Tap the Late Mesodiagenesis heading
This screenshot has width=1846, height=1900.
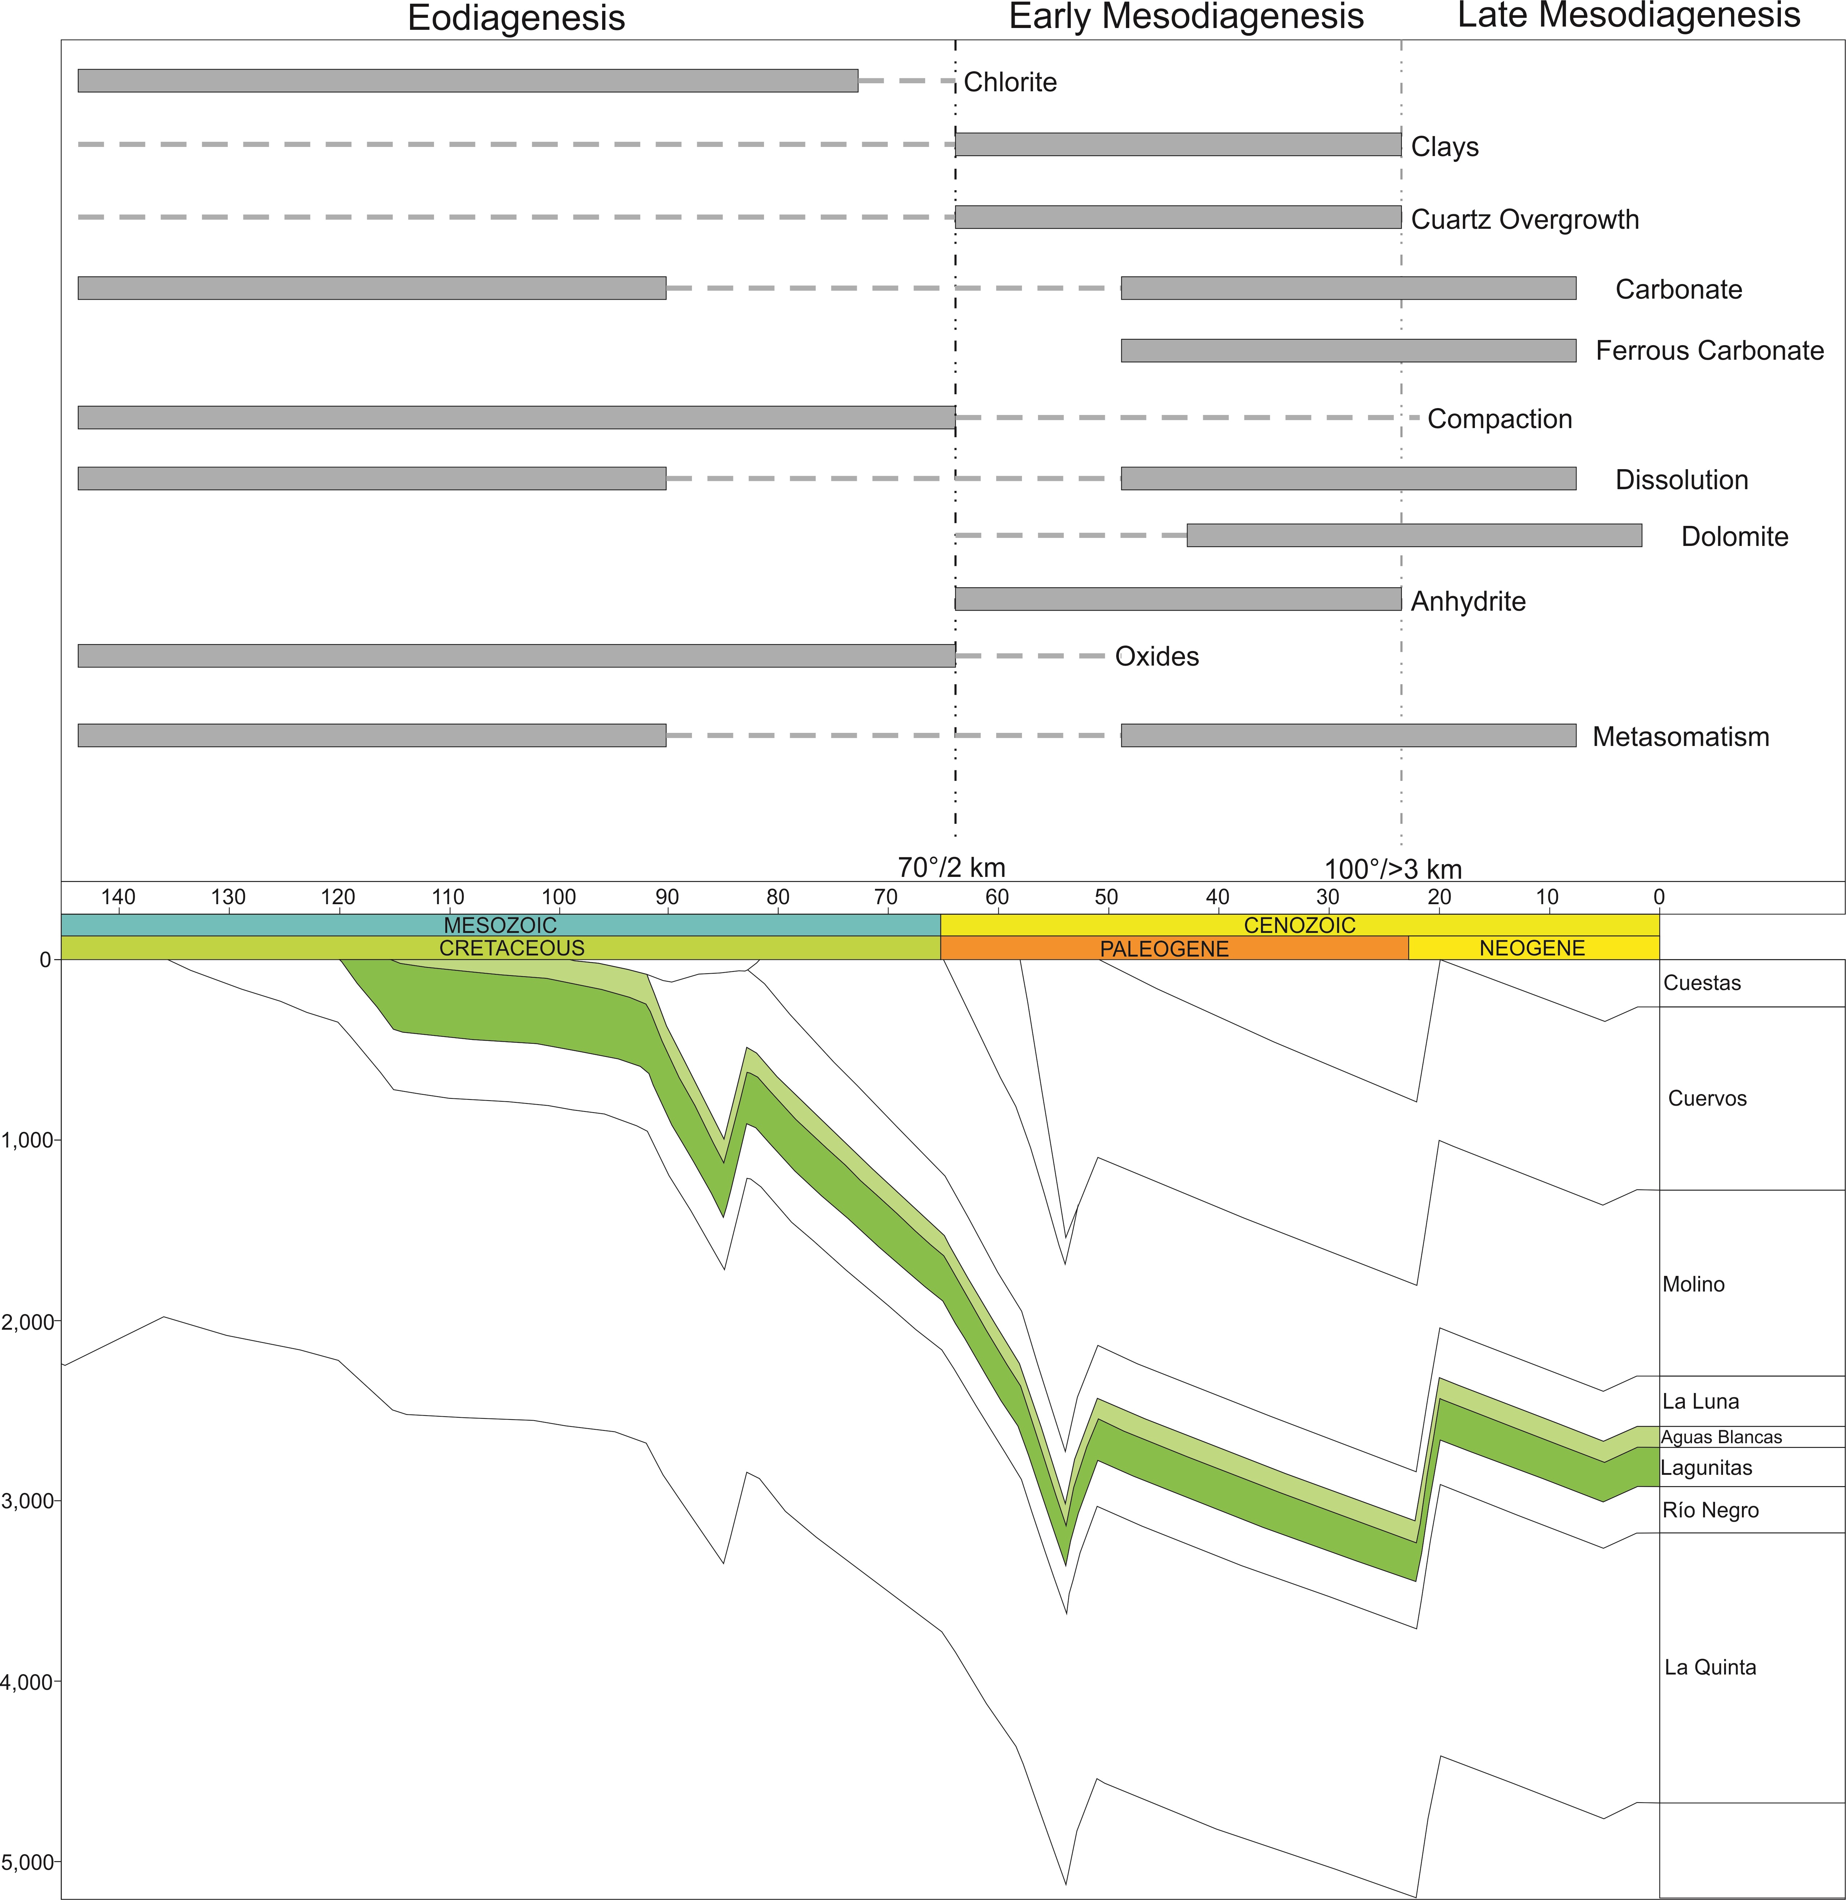point(1629,16)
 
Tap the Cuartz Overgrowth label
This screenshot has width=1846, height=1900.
point(1524,220)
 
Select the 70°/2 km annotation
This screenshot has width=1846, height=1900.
point(951,867)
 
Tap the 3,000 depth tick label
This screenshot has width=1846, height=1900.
point(27,1502)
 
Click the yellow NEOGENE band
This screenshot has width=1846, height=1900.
point(1532,948)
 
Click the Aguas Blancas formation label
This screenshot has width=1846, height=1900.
point(1721,1438)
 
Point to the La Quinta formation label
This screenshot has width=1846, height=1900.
point(1710,1667)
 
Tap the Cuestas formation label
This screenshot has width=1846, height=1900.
point(1702,983)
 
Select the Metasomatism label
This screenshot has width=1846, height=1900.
point(1680,737)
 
